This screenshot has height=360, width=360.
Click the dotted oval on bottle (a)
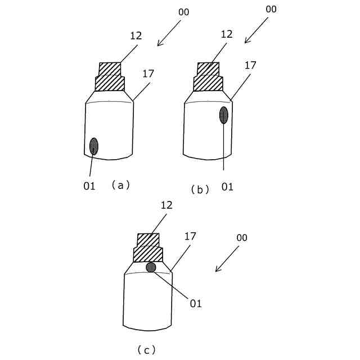point(93,146)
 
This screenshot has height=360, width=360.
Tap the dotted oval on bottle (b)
point(224,115)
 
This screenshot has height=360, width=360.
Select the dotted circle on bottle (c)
point(151,267)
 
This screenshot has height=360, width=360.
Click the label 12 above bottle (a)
point(136,35)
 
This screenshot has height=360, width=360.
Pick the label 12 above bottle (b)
point(226,34)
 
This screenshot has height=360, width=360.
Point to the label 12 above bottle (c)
point(166,205)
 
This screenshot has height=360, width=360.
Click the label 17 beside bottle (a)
point(148,73)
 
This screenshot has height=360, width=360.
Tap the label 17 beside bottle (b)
point(250,65)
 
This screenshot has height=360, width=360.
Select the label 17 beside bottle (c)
point(190,236)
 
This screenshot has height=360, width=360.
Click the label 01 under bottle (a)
point(89,186)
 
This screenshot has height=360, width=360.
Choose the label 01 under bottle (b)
point(227,186)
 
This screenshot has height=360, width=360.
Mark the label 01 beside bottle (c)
point(195,304)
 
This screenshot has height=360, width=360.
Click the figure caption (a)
point(120,184)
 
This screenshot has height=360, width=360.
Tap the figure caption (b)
point(200,190)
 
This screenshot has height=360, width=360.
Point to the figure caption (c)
point(146,350)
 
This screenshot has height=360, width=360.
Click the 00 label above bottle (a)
point(183,11)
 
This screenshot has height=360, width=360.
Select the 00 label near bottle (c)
point(241,238)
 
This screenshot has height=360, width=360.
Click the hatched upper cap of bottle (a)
point(110,69)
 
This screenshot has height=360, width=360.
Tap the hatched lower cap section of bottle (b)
point(208,83)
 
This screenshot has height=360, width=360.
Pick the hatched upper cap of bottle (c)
point(148,240)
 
